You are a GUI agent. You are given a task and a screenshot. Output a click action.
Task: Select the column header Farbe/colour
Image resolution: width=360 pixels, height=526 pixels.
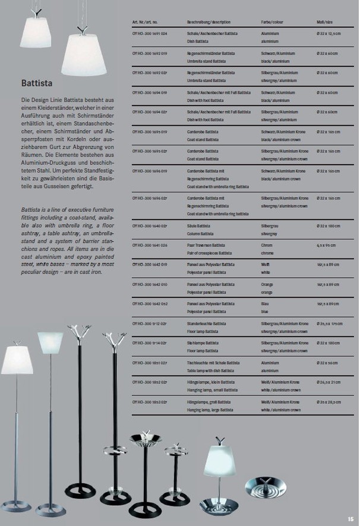coord(272,21)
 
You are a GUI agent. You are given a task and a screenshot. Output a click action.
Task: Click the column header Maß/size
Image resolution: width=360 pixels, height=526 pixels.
coord(324,21)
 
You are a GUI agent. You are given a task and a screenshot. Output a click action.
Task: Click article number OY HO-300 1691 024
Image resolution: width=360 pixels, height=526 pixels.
coord(150,34)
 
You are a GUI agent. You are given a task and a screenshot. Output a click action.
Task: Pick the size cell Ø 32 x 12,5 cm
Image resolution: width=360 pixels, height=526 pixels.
coord(329,34)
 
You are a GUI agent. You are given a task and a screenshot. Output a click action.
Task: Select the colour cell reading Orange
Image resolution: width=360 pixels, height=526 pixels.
coord(267,284)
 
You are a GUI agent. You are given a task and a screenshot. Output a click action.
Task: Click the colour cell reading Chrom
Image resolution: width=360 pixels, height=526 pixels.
coord(267,245)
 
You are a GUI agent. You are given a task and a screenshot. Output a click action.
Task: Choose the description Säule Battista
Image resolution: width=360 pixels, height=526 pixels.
coord(198,226)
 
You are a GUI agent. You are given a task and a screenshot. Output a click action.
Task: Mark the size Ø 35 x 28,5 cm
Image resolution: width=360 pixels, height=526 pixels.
coord(329,402)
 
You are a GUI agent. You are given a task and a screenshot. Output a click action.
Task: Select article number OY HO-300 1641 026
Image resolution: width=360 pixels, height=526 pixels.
coord(150,245)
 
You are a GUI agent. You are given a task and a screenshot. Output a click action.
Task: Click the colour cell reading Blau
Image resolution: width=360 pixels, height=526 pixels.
coord(265,304)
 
